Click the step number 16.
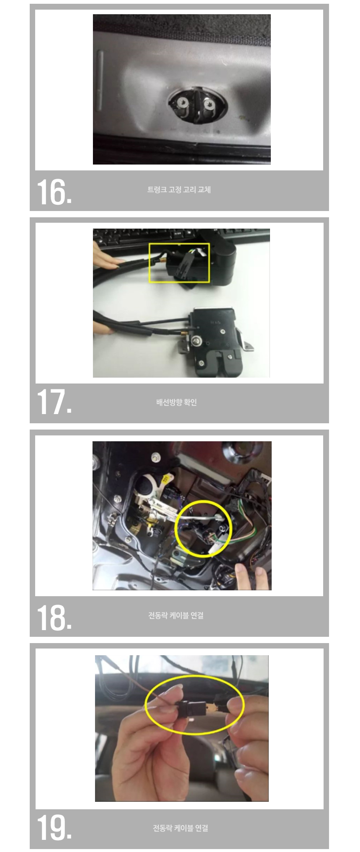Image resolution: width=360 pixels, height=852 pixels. pyautogui.click(x=54, y=192)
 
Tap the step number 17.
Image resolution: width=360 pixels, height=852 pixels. pyautogui.click(x=54, y=402)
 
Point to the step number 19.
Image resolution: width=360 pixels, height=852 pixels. pyautogui.click(x=54, y=828)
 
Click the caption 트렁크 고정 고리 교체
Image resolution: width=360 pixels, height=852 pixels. pyautogui.click(x=179, y=190)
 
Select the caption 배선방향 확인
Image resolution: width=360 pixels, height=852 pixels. pyautogui.click(x=176, y=402)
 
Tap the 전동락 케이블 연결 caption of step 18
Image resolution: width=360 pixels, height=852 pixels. pyautogui.click(x=176, y=615)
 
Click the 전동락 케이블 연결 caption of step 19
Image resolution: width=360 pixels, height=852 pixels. pyautogui.click(x=180, y=828)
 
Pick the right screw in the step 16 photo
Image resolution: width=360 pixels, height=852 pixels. pyautogui.click(x=208, y=103)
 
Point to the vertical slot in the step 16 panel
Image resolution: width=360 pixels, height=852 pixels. pyautogui.click(x=99, y=80)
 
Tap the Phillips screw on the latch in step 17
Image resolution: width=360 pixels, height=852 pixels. pyautogui.click(x=196, y=342)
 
